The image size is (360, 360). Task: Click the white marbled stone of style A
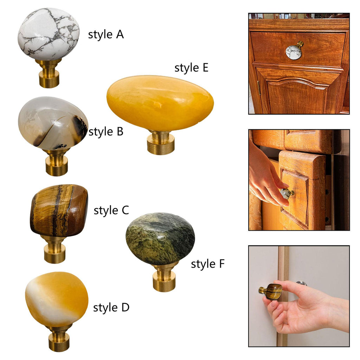click(49, 34)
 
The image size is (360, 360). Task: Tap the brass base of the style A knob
click(49, 73)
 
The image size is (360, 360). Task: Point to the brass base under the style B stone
click(57, 162)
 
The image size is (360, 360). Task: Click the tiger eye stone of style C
click(59, 210)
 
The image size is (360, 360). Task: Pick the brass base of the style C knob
click(54, 249)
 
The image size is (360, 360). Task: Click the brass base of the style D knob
click(59, 338)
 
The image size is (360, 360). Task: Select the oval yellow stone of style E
click(160, 103)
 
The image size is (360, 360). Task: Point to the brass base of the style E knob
click(160, 142)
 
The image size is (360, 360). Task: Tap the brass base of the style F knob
click(164, 277)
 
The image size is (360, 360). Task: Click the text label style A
click(106, 35)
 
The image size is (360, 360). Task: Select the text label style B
click(106, 132)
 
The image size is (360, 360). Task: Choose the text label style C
click(111, 210)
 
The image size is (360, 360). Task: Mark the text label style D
click(111, 308)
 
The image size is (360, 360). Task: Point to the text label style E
click(191, 68)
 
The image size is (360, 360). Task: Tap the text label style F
click(207, 264)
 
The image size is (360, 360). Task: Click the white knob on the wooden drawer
click(294, 51)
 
